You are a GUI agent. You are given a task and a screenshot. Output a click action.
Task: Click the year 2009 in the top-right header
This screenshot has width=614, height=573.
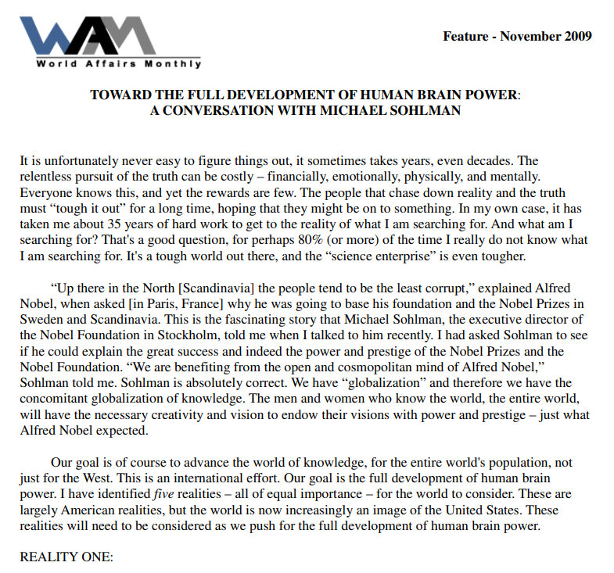[577, 36]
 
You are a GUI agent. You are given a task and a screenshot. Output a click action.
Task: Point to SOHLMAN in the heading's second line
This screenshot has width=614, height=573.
[426, 111]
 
